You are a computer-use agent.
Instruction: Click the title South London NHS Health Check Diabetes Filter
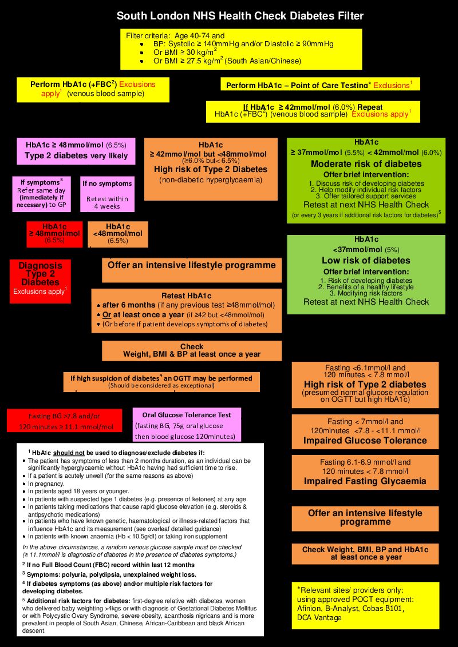(240, 16)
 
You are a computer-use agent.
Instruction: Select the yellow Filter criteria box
(241, 49)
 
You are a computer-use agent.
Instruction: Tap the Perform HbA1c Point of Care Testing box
(321, 84)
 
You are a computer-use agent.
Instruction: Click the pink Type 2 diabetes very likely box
(76, 151)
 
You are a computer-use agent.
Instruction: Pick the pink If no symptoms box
(108, 194)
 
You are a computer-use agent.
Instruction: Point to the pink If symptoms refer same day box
(41, 194)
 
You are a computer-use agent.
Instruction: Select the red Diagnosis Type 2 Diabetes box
(40, 281)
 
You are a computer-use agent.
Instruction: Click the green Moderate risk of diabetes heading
(366, 164)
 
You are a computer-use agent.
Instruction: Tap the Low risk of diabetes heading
(366, 261)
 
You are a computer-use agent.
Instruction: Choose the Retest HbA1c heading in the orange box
(187, 296)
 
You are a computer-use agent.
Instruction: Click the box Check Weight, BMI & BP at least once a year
(192, 351)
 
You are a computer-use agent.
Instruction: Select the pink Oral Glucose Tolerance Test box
(187, 425)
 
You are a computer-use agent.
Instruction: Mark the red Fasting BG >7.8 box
(65, 421)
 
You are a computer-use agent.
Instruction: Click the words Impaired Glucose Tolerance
(365, 440)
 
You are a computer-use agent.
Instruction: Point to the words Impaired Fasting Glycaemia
(365, 481)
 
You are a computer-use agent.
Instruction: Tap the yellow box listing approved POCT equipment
(365, 605)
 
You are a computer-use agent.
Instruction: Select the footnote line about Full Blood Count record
(108, 565)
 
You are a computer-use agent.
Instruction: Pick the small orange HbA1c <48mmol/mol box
(118, 234)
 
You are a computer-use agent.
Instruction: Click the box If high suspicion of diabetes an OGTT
(161, 382)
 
